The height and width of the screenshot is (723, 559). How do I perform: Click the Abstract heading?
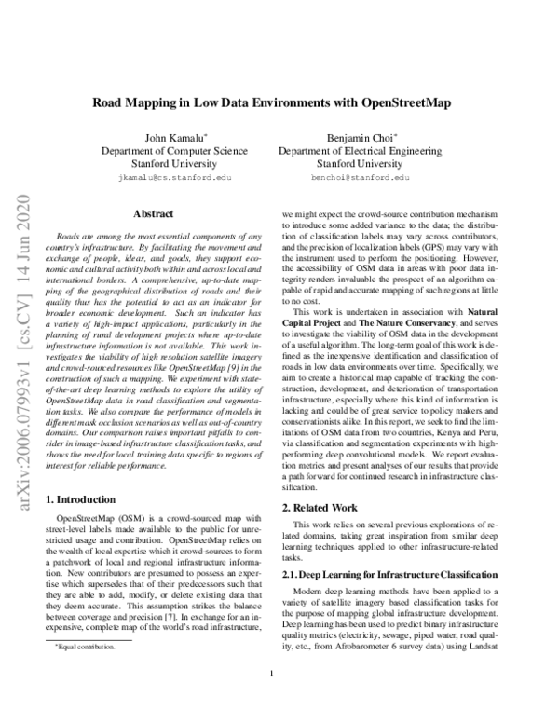pos(153,214)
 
